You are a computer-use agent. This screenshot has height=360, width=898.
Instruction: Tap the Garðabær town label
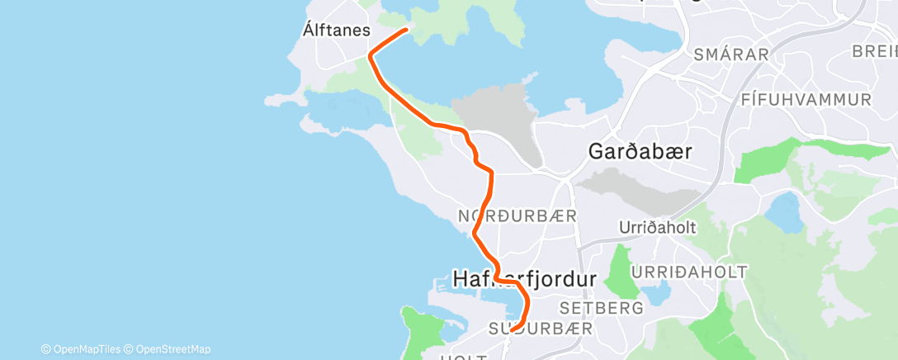[x=639, y=152]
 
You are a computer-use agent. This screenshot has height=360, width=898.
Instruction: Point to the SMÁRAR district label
[x=731, y=55]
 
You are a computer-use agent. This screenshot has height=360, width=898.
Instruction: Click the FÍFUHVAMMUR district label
[x=806, y=100]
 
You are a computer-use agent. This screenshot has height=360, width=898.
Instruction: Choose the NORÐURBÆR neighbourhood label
[x=517, y=216]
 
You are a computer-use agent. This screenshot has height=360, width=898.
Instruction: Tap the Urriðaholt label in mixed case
[x=659, y=228]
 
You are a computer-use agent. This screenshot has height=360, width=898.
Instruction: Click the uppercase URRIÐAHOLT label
[x=689, y=272]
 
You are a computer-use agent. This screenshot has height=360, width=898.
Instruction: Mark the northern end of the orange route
[x=407, y=31]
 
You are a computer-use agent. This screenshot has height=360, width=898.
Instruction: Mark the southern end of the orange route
[x=513, y=329]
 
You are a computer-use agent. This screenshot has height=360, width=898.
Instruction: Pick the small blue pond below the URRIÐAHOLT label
[x=656, y=292]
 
